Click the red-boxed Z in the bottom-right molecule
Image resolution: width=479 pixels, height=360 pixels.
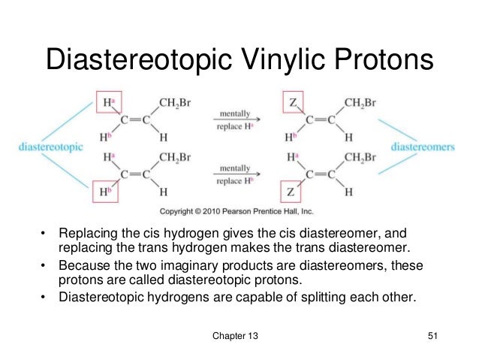click(293, 192)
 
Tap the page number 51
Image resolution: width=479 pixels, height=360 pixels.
click(431, 336)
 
